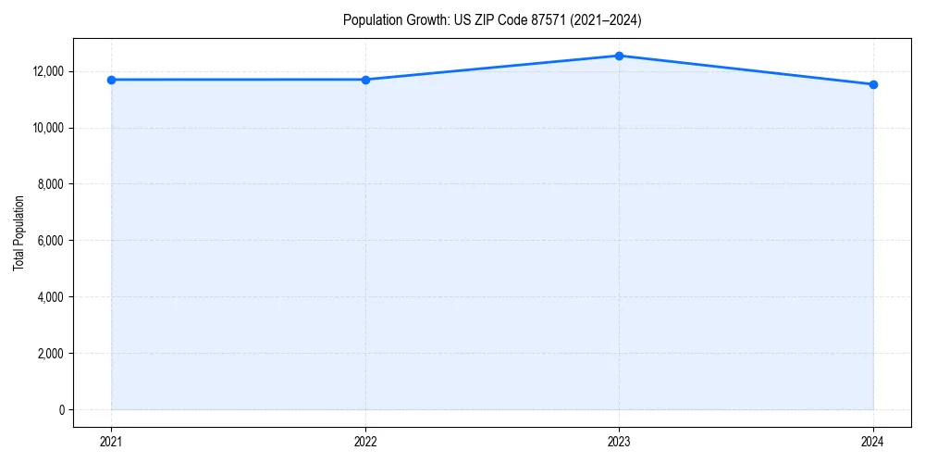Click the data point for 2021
coord(111,80)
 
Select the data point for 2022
coord(365,80)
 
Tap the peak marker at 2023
coord(619,56)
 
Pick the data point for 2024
coord(873,84)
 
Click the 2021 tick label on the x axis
coord(111,441)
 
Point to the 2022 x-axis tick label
coord(365,441)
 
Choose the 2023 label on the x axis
coord(619,441)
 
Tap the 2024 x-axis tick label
coord(873,441)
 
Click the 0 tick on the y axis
coord(60,410)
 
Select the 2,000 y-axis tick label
coord(50,354)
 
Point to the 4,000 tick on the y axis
coord(50,297)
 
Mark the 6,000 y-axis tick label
coord(50,241)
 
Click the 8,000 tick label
coord(50,184)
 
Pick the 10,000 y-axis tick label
coord(47,128)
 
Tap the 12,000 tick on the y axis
coord(47,71)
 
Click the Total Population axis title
coord(18,232)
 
